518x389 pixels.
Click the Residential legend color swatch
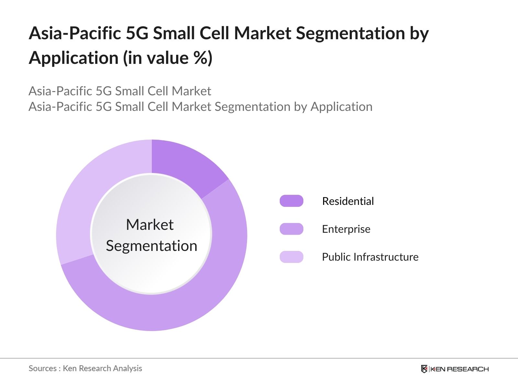[x=291, y=201]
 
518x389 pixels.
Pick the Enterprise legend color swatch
[x=291, y=229]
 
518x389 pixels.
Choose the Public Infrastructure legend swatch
[x=291, y=257]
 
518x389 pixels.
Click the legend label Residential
[x=348, y=201]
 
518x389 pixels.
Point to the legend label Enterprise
[x=346, y=229]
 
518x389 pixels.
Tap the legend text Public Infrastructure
[x=370, y=257]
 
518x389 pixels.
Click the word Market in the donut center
[x=150, y=225]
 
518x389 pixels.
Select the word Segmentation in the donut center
[x=152, y=246]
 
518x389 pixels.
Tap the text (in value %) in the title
[x=167, y=58]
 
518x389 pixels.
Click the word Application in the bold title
[x=73, y=58]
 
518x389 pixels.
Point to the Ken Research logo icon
[x=424, y=369]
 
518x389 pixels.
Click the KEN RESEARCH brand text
[x=459, y=369]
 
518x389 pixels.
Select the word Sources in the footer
[x=42, y=368]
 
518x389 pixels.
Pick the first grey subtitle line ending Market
[x=120, y=91]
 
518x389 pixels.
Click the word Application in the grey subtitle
[x=341, y=107]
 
